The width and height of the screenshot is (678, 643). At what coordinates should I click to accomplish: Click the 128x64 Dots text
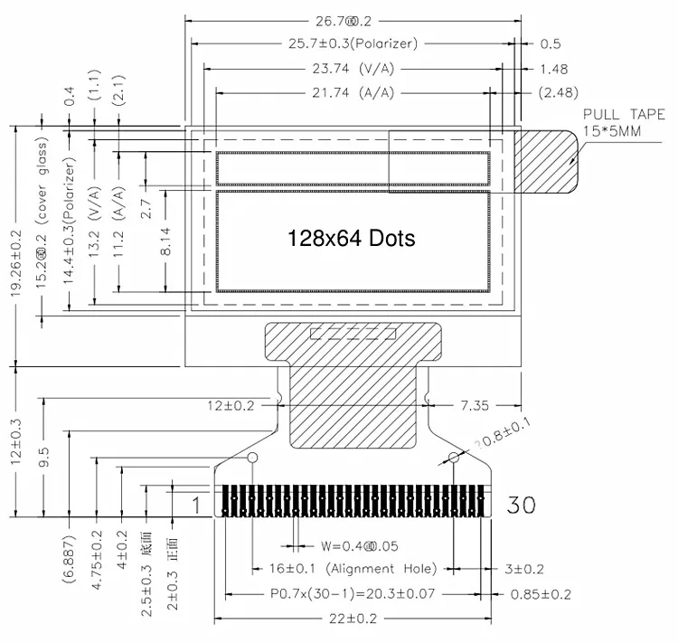[x=351, y=238]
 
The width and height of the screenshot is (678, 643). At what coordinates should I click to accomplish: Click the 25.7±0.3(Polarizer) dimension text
[x=353, y=43]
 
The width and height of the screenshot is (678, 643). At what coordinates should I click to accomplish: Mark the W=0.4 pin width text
[x=358, y=545]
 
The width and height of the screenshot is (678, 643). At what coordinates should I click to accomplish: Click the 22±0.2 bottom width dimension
[x=354, y=619]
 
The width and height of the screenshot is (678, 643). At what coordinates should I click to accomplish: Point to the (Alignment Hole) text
[x=382, y=569]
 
